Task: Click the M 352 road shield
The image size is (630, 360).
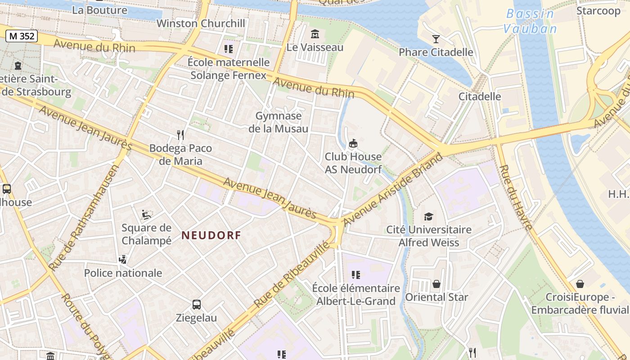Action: pos(21,36)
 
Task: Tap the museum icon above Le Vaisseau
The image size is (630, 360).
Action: pos(315,34)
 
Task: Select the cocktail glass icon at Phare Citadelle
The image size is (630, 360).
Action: pos(436,39)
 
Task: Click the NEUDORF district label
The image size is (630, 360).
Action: pos(211,235)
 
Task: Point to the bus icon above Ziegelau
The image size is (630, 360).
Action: pos(197,305)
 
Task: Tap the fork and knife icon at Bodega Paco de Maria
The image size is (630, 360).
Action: pos(180,135)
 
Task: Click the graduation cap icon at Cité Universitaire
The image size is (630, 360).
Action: pos(428,216)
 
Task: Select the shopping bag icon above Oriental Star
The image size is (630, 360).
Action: pos(436,284)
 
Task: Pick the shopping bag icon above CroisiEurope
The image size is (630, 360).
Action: pos(580,284)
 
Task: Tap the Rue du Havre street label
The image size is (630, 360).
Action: pos(516,197)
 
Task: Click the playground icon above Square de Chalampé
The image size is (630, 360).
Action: pos(146,215)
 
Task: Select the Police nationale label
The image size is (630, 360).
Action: pos(123,273)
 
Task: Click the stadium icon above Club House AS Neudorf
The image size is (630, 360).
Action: pos(353,144)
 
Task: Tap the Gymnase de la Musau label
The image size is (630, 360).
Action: pos(278,122)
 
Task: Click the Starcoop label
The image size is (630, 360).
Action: pos(598,10)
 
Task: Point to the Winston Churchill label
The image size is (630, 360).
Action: pos(201,23)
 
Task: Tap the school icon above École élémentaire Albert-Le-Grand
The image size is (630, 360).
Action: pos(355,274)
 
